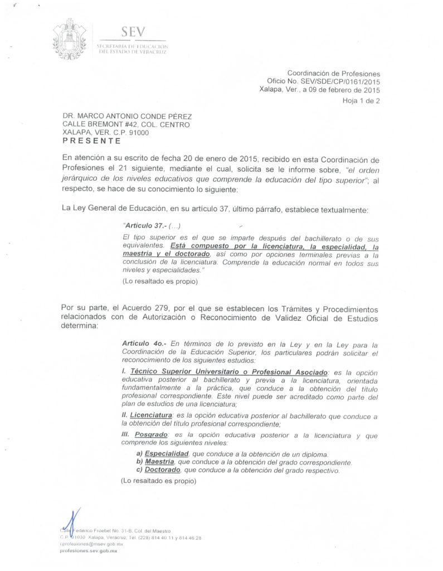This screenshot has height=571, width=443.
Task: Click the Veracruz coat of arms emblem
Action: coord(69,39)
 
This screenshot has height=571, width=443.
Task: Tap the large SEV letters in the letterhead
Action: coord(132,32)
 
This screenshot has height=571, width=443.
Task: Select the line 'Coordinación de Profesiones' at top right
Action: coord(333,73)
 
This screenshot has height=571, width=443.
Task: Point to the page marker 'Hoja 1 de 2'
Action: coord(361,101)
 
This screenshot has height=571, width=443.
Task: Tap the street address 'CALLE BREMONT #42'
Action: coord(96,125)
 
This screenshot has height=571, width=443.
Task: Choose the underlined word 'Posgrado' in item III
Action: coord(150,434)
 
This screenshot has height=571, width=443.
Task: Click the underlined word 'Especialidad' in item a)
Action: coord(167,454)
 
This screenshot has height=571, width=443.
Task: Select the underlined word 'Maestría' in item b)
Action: coord(159,462)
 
